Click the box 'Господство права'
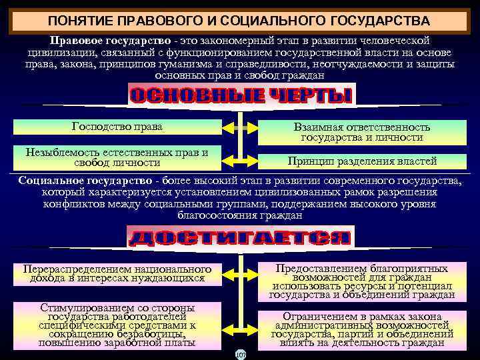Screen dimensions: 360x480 pos(117,127)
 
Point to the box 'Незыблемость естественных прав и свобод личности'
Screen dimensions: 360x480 pos(117,158)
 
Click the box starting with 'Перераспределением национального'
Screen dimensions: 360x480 pos(117,273)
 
